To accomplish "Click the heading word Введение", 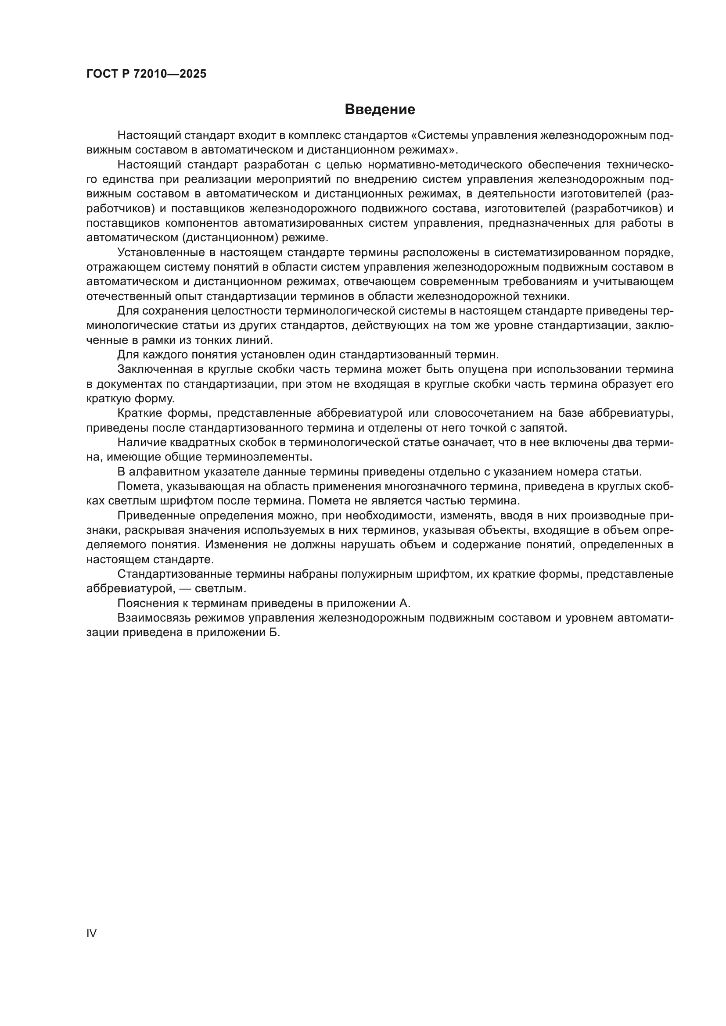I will [380, 110].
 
